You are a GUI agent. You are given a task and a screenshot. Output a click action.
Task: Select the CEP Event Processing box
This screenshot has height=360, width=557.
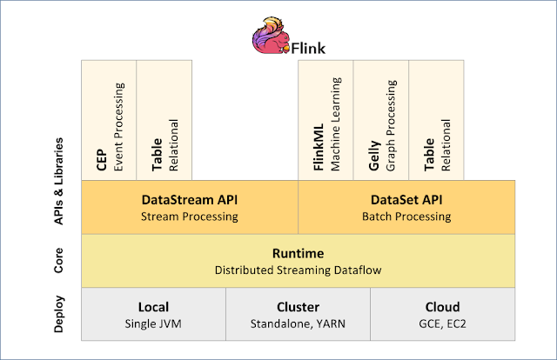109,120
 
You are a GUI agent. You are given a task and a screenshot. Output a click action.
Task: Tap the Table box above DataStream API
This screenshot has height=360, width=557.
164,120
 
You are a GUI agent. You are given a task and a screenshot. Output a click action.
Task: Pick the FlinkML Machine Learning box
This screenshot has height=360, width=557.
325,120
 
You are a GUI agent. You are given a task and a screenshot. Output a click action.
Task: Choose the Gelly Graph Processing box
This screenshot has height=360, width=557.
381,120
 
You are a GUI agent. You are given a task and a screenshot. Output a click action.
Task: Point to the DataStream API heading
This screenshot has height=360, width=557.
189,199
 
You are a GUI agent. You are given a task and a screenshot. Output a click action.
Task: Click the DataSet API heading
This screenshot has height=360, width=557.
406,199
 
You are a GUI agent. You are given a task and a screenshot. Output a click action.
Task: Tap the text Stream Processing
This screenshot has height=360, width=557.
189,216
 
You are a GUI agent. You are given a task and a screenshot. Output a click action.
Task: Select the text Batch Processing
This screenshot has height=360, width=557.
406,216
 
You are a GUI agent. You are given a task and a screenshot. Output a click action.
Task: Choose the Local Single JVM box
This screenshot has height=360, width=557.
153,315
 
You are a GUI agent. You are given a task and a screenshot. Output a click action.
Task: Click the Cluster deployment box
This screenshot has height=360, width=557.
298,315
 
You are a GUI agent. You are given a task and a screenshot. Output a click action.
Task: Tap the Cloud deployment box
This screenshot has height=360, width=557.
442,315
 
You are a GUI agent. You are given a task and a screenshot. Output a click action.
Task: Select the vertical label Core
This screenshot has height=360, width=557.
57,261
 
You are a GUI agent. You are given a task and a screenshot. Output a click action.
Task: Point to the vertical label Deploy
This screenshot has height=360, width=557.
57,315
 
